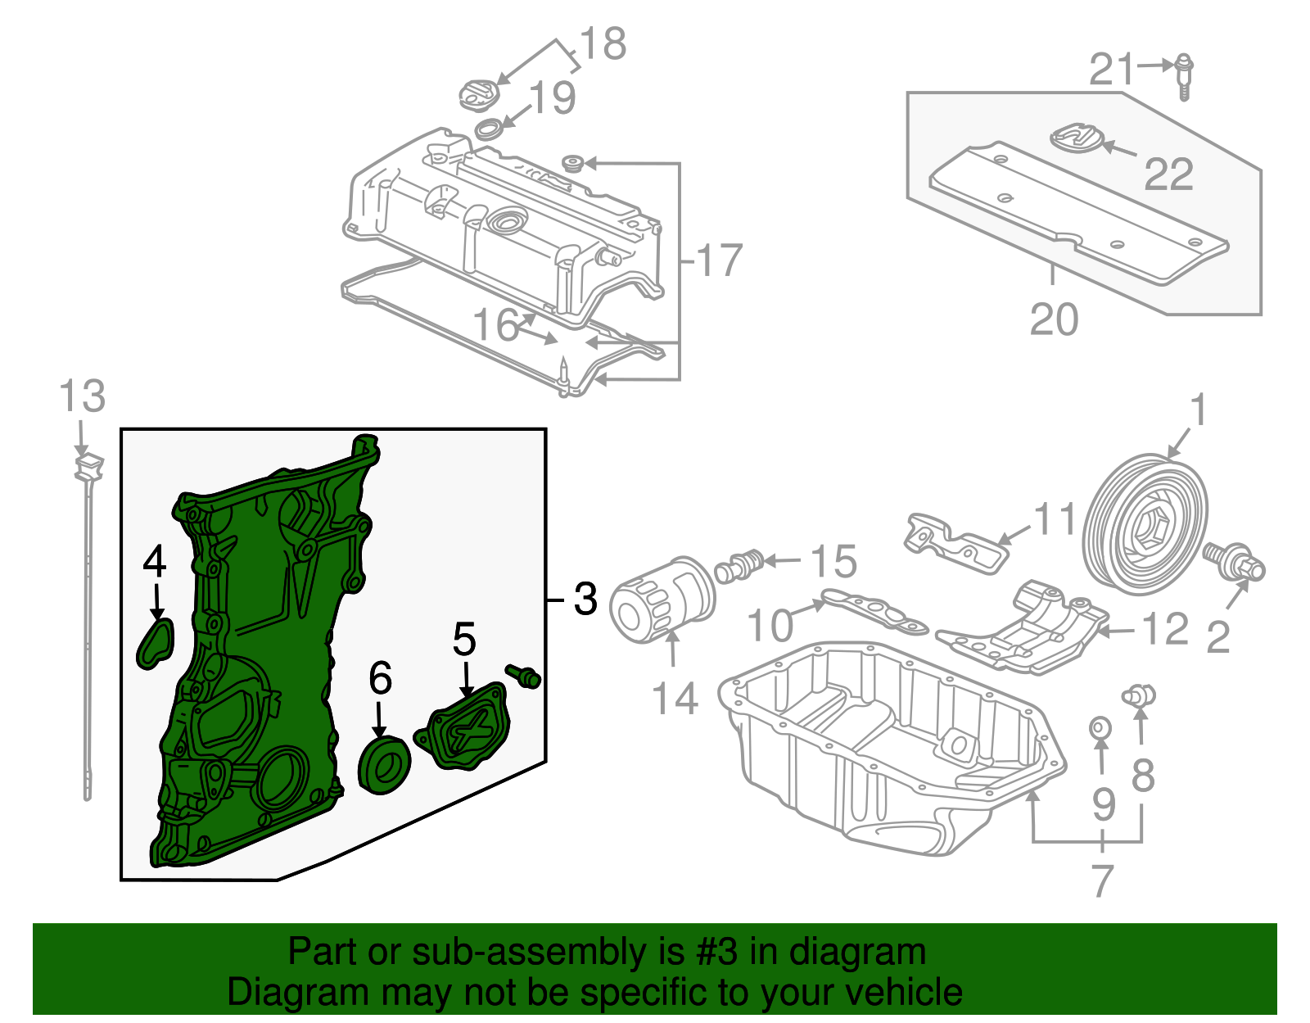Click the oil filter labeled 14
[x=662, y=600]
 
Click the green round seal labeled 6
[x=385, y=765]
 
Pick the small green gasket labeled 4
[x=156, y=641]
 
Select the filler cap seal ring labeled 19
[x=490, y=129]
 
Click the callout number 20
[x=1054, y=319]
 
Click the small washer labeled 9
[x=1100, y=727]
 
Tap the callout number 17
[x=719, y=260]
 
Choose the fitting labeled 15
[x=739, y=565]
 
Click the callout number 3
[x=585, y=599]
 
